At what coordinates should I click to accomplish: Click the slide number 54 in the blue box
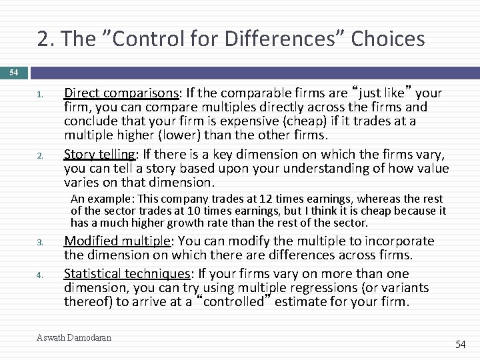click(13, 71)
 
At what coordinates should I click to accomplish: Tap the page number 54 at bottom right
click(461, 344)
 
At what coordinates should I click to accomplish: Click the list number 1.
click(41, 95)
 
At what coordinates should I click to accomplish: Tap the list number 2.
click(41, 155)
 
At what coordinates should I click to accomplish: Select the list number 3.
click(41, 242)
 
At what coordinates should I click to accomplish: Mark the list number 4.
click(41, 275)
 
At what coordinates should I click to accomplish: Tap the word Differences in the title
click(269, 39)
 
